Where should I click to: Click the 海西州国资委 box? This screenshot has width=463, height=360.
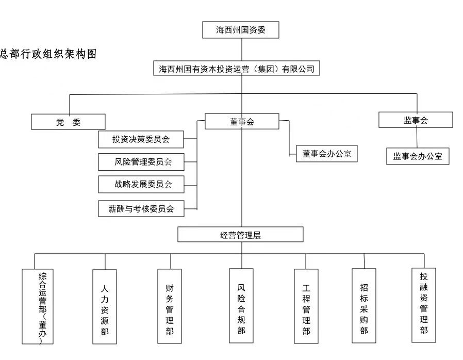click(241, 30)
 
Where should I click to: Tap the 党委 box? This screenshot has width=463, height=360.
click(68, 122)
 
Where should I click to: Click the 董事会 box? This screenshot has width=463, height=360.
click(242, 122)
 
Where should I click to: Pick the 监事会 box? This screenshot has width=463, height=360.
click(416, 120)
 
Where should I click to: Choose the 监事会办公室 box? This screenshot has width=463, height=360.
click(418, 156)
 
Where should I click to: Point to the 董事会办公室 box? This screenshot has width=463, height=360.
click(326, 154)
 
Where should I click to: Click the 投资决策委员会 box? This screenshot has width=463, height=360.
click(141, 139)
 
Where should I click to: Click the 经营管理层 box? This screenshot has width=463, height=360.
click(240, 235)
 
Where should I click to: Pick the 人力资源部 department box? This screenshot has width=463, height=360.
click(105, 306)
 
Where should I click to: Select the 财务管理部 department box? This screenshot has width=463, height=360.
click(170, 306)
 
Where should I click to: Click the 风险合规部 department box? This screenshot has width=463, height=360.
click(241, 306)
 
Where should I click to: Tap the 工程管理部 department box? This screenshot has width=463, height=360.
click(306, 306)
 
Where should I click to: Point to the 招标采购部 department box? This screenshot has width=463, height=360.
click(364, 306)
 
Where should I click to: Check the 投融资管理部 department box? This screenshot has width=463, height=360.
click(424, 305)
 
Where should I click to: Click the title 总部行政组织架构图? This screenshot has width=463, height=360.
click(48, 54)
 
